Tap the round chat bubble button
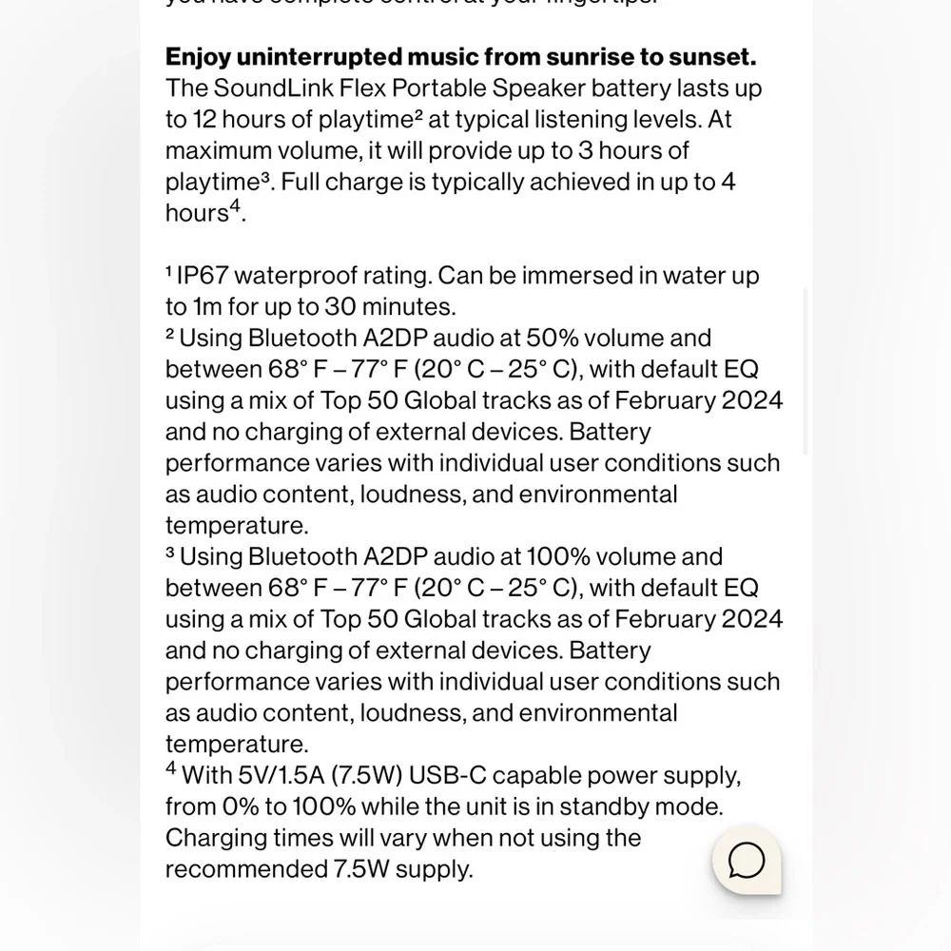(747, 861)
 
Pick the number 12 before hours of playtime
(206, 120)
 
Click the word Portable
(441, 88)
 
